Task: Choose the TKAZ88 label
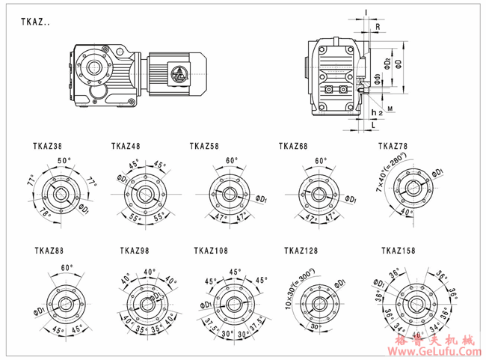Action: [49, 251]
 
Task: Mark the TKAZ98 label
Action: [135, 251]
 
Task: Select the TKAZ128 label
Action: [301, 251]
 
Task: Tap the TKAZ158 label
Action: [397, 251]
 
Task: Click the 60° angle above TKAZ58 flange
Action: [232, 160]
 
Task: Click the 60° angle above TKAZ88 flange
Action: [67, 267]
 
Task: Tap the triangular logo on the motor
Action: [180, 73]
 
